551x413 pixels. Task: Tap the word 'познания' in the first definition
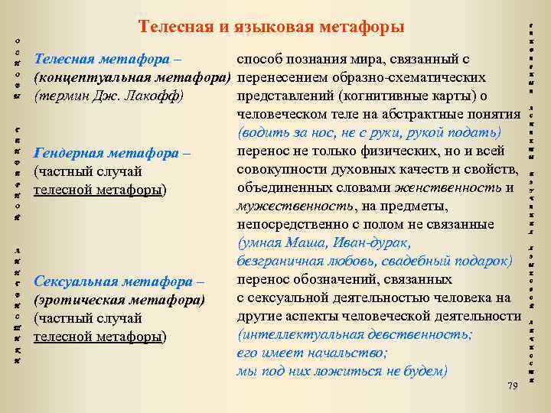point(314,60)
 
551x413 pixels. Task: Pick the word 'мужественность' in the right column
point(284,206)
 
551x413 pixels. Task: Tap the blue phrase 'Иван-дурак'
point(370,243)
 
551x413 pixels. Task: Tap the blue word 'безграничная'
point(277,262)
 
